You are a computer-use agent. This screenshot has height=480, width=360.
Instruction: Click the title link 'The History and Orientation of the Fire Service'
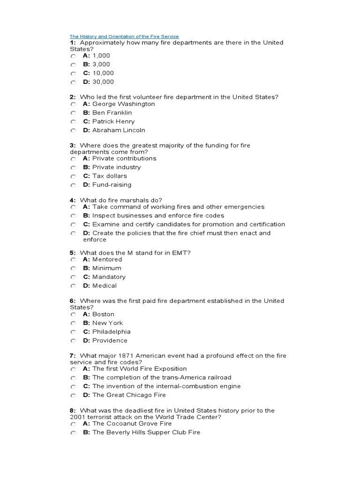point(124,36)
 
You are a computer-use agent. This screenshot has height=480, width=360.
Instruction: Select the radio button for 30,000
point(73,82)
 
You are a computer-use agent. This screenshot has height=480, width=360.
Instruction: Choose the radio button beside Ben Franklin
point(73,113)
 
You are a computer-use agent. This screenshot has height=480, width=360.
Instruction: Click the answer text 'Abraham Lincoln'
point(119,130)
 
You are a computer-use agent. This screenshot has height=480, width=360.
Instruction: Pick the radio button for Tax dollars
point(73,176)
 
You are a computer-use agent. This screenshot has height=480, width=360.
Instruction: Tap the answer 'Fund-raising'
point(112,185)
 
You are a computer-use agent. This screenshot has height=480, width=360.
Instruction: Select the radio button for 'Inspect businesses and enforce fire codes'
point(73,216)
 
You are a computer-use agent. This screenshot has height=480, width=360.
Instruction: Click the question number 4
point(73,200)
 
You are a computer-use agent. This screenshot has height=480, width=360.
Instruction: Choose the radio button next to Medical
point(73,286)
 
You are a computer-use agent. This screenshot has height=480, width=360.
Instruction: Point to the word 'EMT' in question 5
point(183,253)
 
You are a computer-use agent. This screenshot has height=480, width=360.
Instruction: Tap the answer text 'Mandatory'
point(109,277)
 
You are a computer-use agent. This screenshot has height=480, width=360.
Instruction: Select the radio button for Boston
point(73,315)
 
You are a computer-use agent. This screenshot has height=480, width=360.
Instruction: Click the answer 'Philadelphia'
point(112,332)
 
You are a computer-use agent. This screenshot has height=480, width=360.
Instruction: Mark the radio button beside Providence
point(73,341)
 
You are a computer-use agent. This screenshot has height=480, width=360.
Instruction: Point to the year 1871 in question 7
point(120,356)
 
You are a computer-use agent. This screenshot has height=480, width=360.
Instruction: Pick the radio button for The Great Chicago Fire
point(73,396)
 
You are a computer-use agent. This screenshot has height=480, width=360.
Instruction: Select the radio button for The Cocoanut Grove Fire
point(73,424)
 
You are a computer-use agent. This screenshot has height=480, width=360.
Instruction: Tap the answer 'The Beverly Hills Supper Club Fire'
point(146,432)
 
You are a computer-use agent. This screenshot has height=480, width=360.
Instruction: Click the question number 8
point(73,411)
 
